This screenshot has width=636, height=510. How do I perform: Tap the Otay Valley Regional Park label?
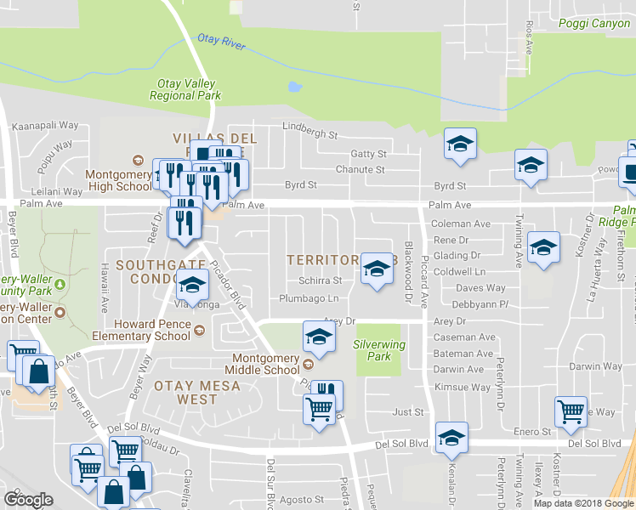coord(185,89)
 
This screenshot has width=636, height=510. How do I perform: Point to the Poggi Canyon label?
coord(594,24)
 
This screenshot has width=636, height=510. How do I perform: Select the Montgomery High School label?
coord(118,180)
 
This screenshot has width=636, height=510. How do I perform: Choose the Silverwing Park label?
coord(379,350)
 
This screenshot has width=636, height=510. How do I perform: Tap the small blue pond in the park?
coord(294,87)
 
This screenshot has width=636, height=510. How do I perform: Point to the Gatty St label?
coord(369,154)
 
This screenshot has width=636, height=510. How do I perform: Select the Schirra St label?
coord(320,280)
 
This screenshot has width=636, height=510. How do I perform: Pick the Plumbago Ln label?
coord(309,298)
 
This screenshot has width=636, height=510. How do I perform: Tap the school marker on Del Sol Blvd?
coord(451,436)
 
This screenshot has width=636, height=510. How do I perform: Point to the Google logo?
coord(28,500)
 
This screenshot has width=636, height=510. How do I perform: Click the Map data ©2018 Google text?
coord(583,503)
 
